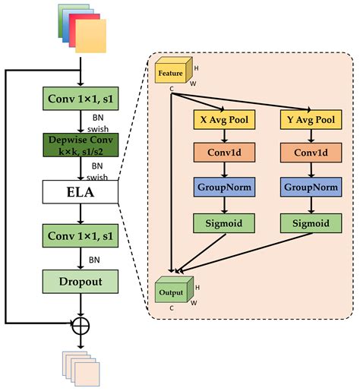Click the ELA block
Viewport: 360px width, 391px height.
pos(80,192)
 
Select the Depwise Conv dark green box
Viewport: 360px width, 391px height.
pos(80,145)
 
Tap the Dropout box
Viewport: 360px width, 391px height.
pos(80,282)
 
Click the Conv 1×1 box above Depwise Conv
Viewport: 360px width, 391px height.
pos(80,99)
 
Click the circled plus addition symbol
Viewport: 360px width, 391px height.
pos(80,326)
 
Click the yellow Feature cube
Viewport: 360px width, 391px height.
pos(172,74)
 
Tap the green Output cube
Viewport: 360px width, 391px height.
pos(172,292)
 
